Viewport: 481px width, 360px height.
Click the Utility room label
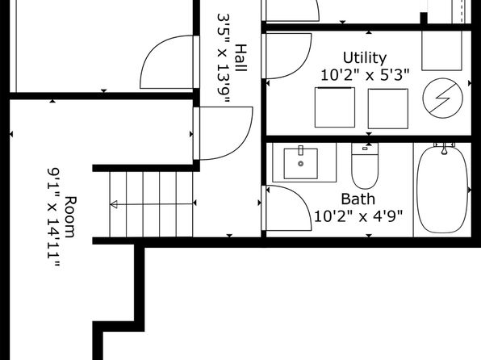[x=365, y=58]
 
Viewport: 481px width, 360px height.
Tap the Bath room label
[x=358, y=199]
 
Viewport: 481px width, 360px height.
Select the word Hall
[x=240, y=58]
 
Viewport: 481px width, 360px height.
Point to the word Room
[x=69, y=217]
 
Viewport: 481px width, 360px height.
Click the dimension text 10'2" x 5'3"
[x=365, y=75]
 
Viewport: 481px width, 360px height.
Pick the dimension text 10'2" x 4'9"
[x=358, y=216]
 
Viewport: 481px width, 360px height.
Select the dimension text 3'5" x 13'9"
[x=224, y=58]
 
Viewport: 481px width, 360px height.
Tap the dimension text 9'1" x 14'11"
[x=53, y=219]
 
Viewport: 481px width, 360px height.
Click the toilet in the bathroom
[x=365, y=165]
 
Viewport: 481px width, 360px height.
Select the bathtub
[x=442, y=190]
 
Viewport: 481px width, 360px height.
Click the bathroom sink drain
[x=300, y=164]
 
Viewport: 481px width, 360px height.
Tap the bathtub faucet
[x=444, y=148]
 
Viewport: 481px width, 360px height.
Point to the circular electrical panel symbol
[x=442, y=98]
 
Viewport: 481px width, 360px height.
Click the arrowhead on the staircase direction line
[x=114, y=204]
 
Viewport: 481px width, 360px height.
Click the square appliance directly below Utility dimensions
[x=335, y=107]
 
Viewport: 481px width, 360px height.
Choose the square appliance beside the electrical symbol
[x=388, y=109]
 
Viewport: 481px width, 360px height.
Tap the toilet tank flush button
[x=365, y=149]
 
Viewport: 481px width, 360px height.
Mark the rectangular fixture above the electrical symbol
[x=441, y=51]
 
